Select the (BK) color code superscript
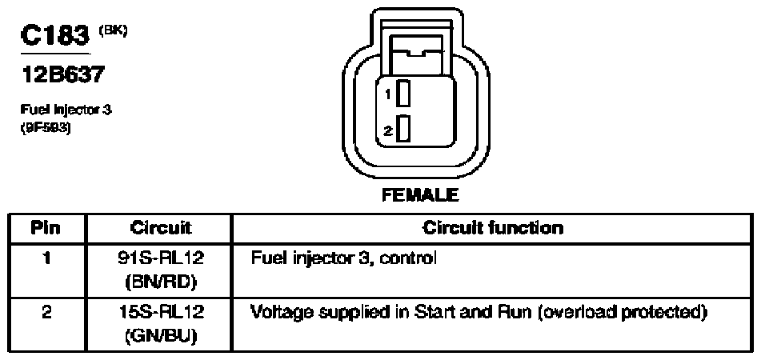[x=112, y=32]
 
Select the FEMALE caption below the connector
[x=419, y=194]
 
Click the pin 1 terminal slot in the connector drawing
[x=404, y=95]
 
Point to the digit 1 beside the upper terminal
[x=388, y=95]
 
